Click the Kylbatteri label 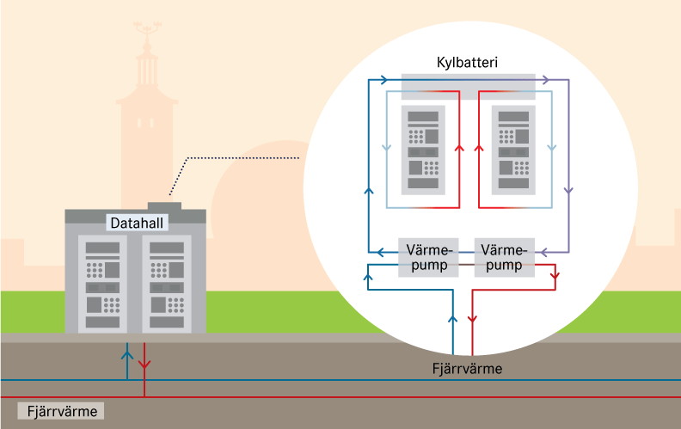(x=468, y=64)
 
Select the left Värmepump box (x=428, y=257)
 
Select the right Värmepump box (x=504, y=257)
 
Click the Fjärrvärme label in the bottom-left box (x=61, y=411)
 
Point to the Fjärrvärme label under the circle (x=467, y=369)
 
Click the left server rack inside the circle (x=423, y=150)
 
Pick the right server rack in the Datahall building (x=163, y=283)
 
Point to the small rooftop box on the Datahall (x=164, y=205)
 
